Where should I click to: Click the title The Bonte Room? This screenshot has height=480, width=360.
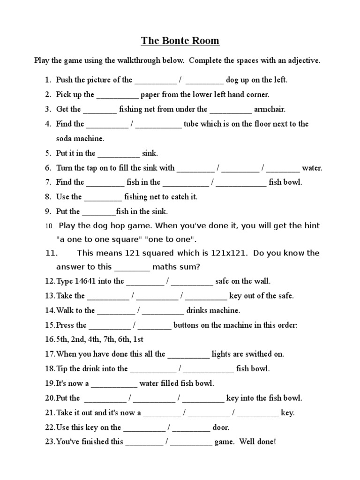(180, 41)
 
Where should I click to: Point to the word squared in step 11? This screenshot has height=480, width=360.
(162, 253)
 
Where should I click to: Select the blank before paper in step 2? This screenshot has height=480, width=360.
(117, 95)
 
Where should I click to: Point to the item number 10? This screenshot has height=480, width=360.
(50, 226)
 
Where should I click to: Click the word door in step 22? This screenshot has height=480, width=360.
(220, 427)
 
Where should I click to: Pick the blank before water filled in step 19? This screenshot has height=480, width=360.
(114, 383)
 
